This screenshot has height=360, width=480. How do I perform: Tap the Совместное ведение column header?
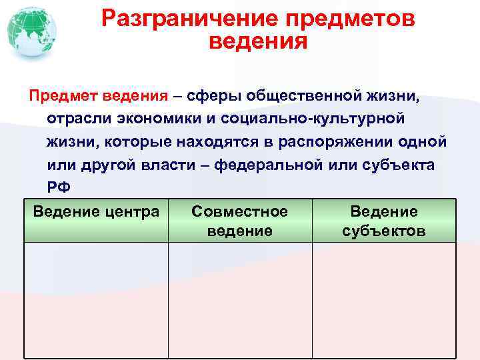pyautogui.click(x=239, y=221)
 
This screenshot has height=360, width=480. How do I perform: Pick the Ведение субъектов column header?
pyautogui.click(x=384, y=221)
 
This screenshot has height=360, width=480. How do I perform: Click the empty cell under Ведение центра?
pyautogui.click(x=96, y=300)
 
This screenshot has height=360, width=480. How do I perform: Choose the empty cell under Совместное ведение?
pyautogui.click(x=239, y=300)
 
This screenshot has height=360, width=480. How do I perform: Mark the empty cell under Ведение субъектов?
pyautogui.click(x=384, y=300)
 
